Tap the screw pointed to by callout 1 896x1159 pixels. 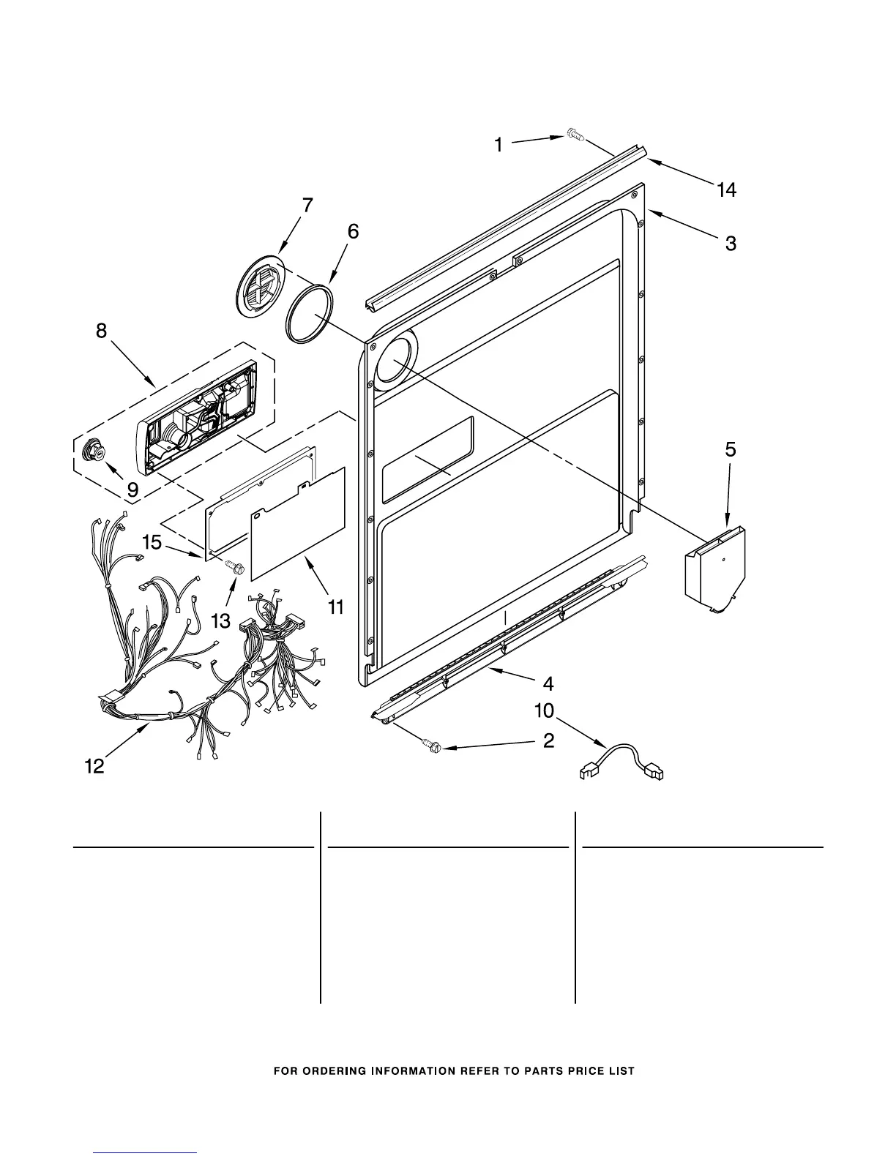coord(575,135)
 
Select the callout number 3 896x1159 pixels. coord(731,243)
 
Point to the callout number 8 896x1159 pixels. coord(101,331)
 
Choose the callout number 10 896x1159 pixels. coord(545,710)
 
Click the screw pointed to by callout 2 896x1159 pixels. coord(432,747)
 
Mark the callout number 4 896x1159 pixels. coord(548,684)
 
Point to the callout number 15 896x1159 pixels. coord(152,542)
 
